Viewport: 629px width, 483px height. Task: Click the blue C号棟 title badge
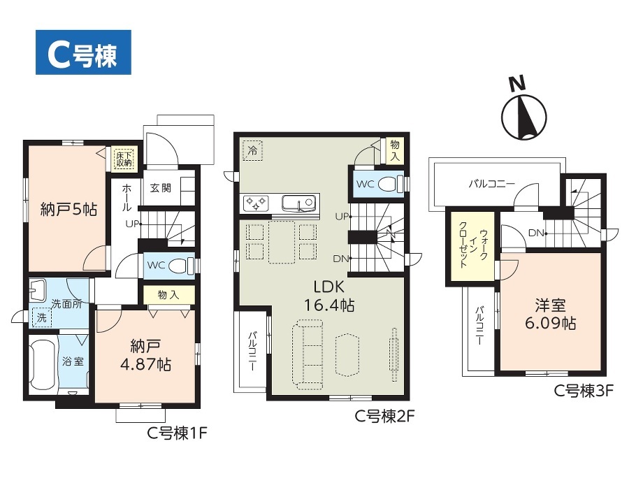tap(83, 52)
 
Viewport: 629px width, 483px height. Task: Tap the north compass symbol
tap(523, 113)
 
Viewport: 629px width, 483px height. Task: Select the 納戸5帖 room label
tap(68, 210)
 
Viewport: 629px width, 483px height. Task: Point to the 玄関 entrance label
tap(161, 187)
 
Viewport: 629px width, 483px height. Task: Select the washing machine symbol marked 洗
tap(43, 317)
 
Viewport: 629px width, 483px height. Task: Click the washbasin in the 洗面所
tap(38, 289)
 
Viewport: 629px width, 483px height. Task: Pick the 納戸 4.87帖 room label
tap(145, 355)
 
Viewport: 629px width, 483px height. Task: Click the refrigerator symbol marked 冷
tap(253, 150)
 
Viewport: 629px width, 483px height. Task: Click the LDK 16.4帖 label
tap(329, 296)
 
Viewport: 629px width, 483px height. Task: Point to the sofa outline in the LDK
tap(308, 354)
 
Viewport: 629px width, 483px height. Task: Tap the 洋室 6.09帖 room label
tap(550, 314)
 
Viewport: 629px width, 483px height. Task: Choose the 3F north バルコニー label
tap(491, 184)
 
